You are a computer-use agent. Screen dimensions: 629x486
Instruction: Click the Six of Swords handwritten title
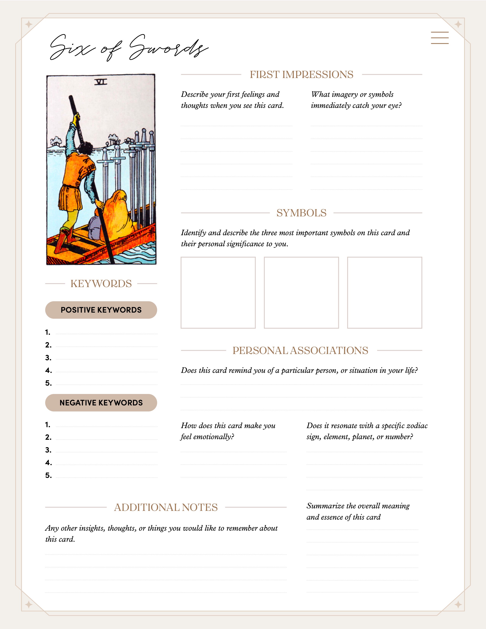pyautogui.click(x=128, y=47)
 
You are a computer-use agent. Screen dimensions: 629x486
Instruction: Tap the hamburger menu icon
pyautogui.click(x=440, y=38)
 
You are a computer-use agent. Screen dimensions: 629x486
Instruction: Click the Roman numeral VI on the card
pyautogui.click(x=101, y=82)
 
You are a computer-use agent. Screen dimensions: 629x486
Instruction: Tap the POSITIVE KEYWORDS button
pyautogui.click(x=101, y=310)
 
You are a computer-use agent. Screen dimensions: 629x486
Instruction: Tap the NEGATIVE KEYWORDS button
pyautogui.click(x=101, y=403)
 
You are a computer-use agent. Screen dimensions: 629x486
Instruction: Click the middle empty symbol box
pyautogui.click(x=301, y=293)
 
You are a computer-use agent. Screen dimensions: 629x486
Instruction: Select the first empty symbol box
pyautogui.click(x=218, y=293)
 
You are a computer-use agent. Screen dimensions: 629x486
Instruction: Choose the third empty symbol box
pyautogui.click(x=385, y=293)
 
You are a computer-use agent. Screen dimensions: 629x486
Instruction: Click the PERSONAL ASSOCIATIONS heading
pyautogui.click(x=300, y=351)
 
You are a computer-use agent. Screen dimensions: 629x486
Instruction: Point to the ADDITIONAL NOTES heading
pyautogui.click(x=166, y=507)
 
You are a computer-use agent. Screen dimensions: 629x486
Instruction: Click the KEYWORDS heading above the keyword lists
pyautogui.click(x=101, y=284)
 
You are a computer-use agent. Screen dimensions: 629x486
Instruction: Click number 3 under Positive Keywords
pyautogui.click(x=48, y=358)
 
